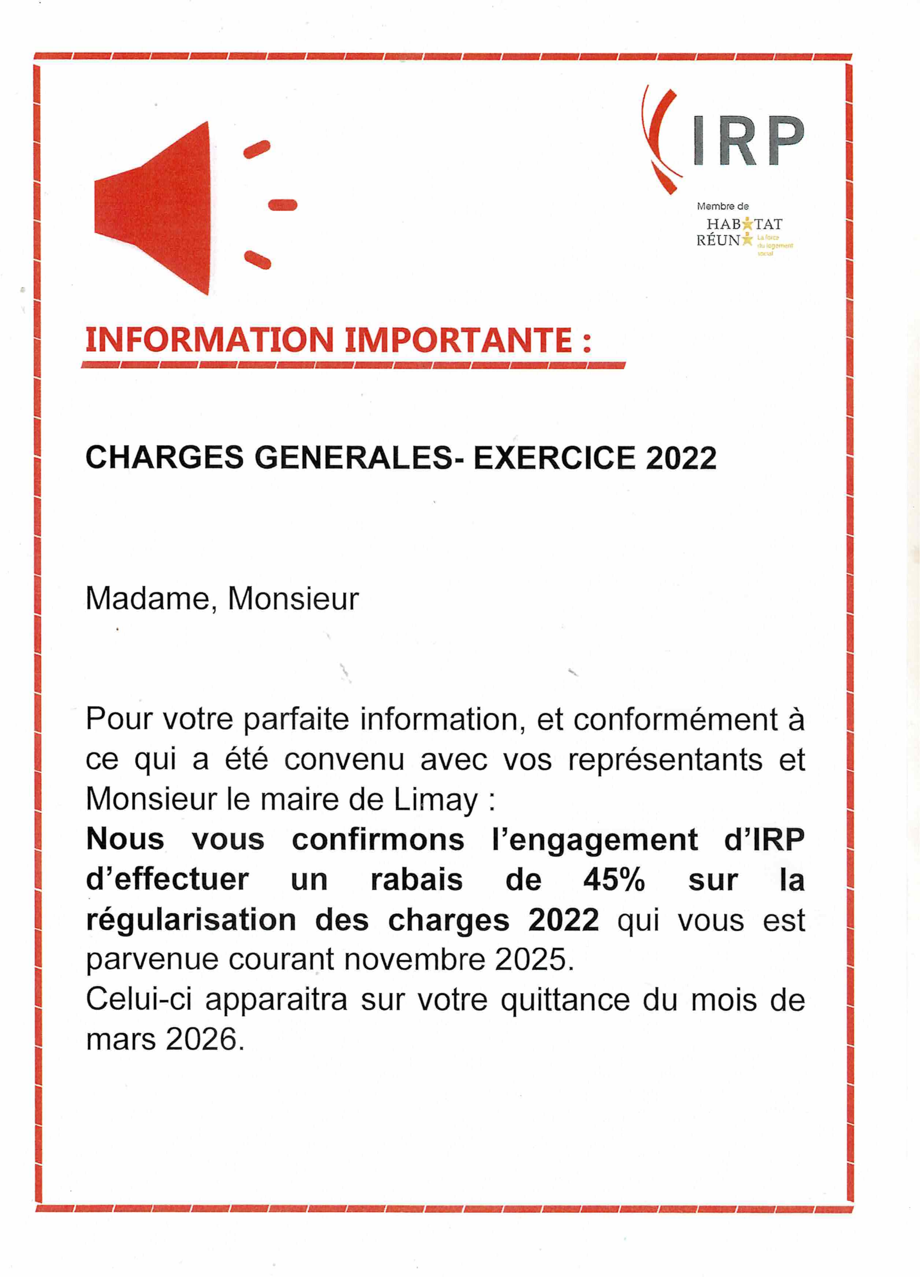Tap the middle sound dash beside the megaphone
click(283, 205)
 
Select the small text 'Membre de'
click(722, 207)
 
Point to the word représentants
click(665, 760)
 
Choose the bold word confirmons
click(378, 840)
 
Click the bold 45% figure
click(614, 879)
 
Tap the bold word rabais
click(416, 879)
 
